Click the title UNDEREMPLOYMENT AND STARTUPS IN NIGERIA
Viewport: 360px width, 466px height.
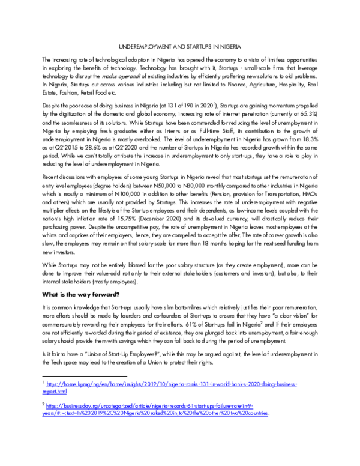click(180, 46)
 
